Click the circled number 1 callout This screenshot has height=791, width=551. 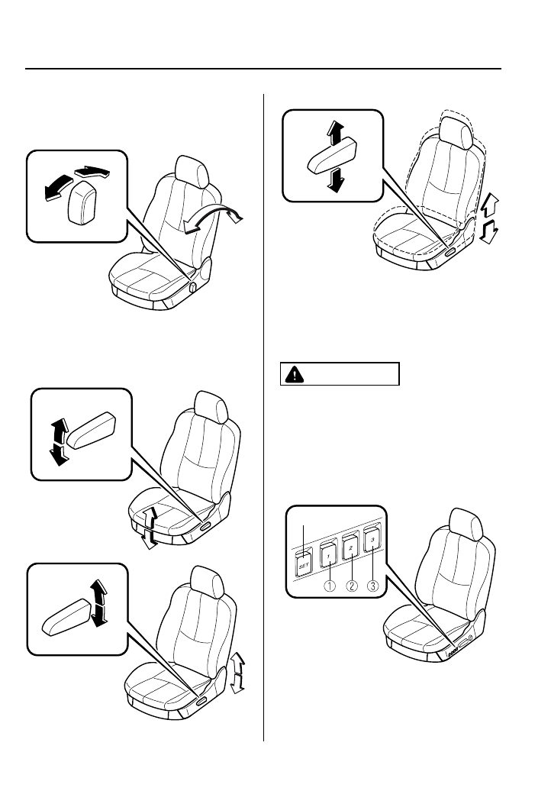[x=330, y=587]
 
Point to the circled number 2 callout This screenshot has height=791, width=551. [x=352, y=587]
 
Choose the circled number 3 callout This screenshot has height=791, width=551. [x=374, y=587]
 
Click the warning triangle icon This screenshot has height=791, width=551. [x=294, y=375]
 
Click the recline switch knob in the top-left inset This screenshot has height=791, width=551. [x=81, y=202]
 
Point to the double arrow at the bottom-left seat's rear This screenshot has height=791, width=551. [x=238, y=672]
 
